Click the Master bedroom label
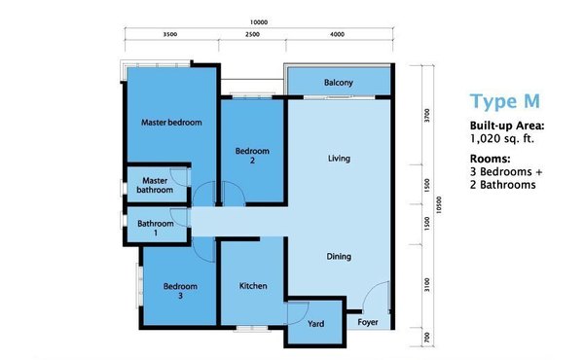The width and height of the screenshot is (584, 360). (171, 123)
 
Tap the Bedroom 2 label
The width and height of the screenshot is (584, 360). (252, 156)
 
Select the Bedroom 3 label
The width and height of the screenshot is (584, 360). (180, 291)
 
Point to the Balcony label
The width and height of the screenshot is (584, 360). (338, 83)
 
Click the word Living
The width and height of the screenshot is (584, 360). (339, 159)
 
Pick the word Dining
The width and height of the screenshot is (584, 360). (339, 257)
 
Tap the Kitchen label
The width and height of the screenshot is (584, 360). (253, 286)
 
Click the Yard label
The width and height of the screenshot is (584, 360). (315, 324)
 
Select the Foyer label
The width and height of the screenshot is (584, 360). (368, 322)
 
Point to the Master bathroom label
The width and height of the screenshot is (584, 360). (155, 185)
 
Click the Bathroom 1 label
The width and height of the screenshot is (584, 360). (156, 228)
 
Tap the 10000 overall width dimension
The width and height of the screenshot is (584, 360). (259, 22)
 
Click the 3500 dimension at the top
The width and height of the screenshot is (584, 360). (169, 34)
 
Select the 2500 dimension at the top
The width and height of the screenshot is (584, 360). (252, 34)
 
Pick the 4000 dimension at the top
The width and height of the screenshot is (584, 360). (337, 34)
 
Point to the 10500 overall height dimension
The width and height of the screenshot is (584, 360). (439, 204)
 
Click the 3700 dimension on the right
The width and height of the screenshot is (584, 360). (427, 115)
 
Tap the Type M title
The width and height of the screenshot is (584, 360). (504, 101)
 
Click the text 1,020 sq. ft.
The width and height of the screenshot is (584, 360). (502, 139)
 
